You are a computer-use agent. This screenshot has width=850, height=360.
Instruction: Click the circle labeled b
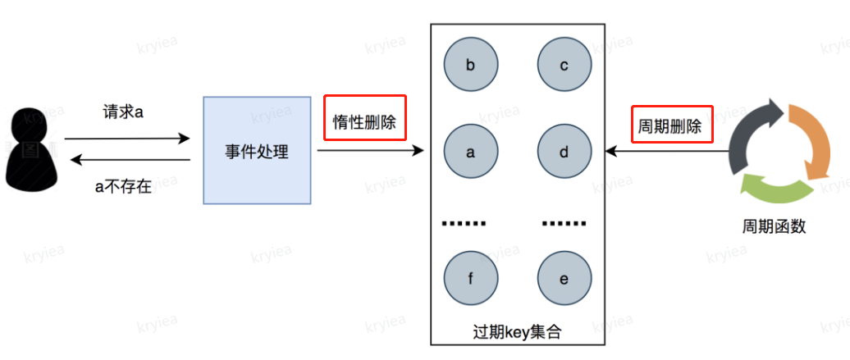(x=471, y=65)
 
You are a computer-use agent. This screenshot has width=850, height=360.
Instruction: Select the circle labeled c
(x=564, y=65)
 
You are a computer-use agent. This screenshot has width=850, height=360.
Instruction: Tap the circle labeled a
(x=471, y=152)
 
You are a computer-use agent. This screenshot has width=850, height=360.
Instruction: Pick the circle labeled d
(x=564, y=152)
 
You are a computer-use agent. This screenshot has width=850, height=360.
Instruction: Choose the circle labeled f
(x=471, y=278)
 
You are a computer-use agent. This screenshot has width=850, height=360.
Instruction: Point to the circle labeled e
(x=564, y=278)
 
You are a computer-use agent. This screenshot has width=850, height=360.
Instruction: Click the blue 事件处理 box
(x=257, y=150)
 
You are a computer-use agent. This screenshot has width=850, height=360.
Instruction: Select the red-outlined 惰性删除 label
(x=365, y=117)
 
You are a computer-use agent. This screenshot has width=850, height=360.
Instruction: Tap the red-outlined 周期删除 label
(x=672, y=124)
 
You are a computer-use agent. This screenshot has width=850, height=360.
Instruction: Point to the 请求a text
(x=124, y=113)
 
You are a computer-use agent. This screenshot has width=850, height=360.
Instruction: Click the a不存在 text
(x=124, y=187)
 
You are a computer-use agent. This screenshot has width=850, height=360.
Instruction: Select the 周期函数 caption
(x=774, y=226)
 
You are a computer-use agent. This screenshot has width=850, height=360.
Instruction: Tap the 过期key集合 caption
(x=517, y=331)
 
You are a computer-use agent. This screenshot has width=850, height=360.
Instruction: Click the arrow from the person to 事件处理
(x=127, y=139)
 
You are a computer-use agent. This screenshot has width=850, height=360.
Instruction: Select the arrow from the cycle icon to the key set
(x=667, y=151)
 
